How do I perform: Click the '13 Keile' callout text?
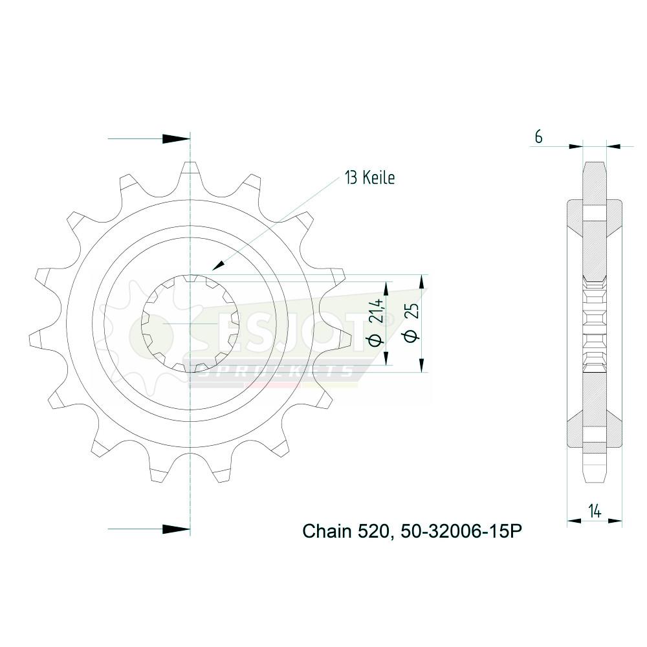369,178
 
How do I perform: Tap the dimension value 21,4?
377,311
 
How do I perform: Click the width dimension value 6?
538,137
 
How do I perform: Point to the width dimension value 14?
595,511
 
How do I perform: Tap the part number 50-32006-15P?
457,531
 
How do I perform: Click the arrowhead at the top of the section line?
176,139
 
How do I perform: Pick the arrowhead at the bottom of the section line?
176,529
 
